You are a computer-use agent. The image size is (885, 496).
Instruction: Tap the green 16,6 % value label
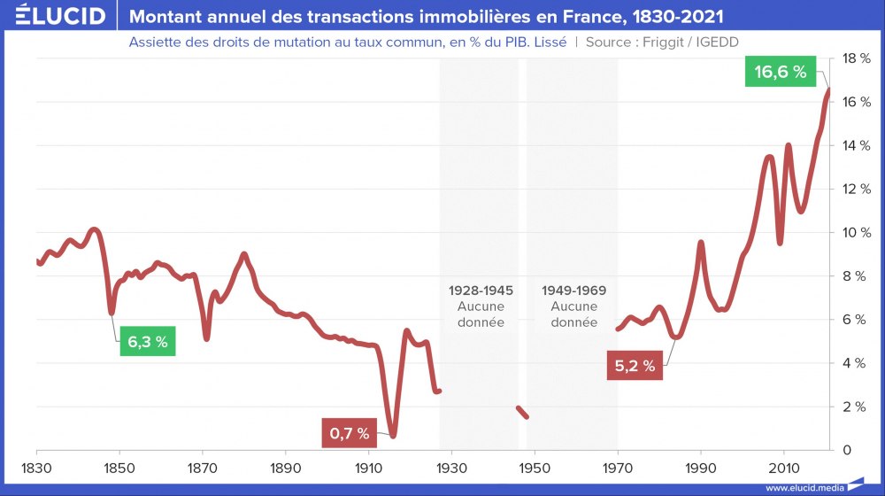[781, 73]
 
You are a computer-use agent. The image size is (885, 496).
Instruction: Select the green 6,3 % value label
[148, 342]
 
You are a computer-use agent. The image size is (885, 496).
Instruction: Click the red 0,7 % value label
[350, 434]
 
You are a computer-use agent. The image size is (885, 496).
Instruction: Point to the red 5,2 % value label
[635, 366]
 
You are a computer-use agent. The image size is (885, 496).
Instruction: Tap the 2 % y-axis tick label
[856, 407]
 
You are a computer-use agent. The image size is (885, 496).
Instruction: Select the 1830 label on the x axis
[36, 466]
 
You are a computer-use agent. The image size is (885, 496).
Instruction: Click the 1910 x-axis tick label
[368, 466]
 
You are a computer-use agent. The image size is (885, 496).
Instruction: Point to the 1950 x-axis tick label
[535, 466]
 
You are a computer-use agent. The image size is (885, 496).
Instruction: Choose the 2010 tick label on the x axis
[783, 466]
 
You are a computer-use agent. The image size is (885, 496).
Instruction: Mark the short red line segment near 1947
[522, 412]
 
